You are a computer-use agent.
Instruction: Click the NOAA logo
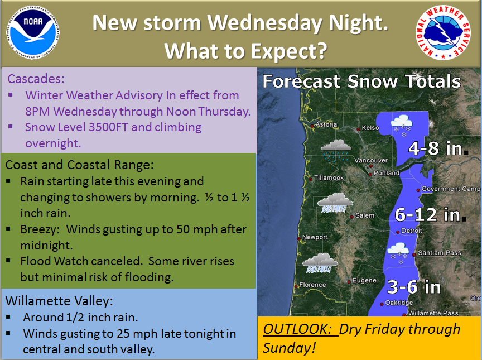pyautogui.click(x=32, y=32)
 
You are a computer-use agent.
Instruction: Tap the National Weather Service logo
pyautogui.click(x=443, y=32)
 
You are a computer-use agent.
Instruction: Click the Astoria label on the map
pyautogui.click(x=326, y=124)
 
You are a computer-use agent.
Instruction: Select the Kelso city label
pyautogui.click(x=370, y=128)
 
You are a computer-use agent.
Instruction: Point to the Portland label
pyautogui.click(x=387, y=173)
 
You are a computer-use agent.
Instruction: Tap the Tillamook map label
pyautogui.click(x=329, y=177)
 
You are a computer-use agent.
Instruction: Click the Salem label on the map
pyautogui.click(x=365, y=215)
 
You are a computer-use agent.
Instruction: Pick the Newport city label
pyautogui.click(x=315, y=237)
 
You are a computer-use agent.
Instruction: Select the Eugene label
pyautogui.click(x=364, y=280)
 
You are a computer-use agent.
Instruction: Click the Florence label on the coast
pyautogui.click(x=312, y=285)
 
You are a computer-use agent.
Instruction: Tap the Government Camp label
pyautogui.click(x=451, y=189)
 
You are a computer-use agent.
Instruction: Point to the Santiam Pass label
pyautogui.click(x=440, y=253)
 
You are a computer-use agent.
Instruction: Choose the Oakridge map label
pyautogui.click(x=399, y=303)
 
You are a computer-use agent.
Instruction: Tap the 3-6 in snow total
pyautogui.click(x=414, y=287)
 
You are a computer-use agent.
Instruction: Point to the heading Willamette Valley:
pyautogui.click(x=59, y=301)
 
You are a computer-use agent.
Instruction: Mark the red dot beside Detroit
pyautogui.click(x=398, y=232)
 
